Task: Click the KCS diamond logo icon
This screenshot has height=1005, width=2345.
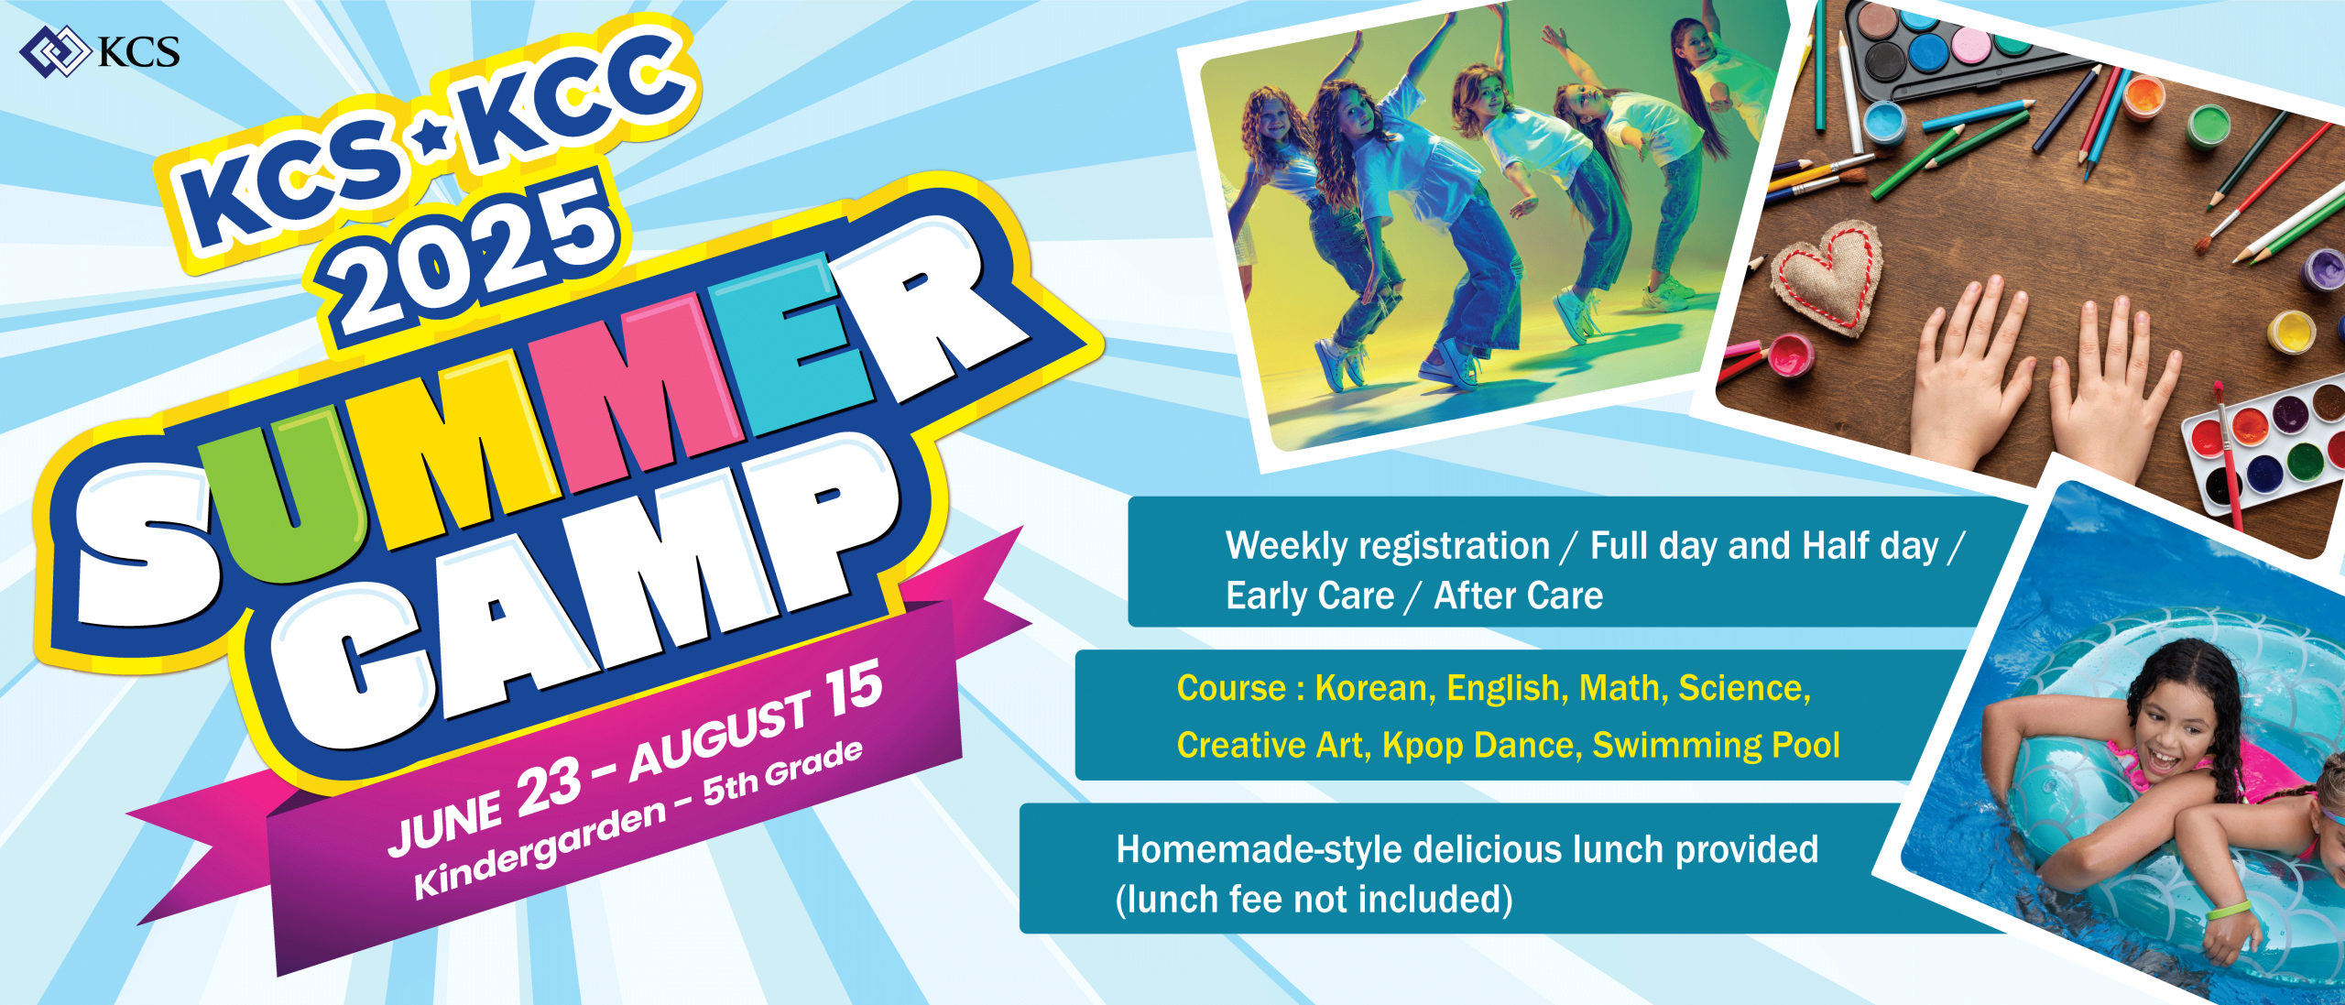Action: click(54, 51)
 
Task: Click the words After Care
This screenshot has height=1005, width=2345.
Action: click(1518, 595)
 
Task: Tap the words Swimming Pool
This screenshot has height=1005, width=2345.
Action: click(1716, 746)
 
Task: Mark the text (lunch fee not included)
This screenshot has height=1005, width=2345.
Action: click(1314, 900)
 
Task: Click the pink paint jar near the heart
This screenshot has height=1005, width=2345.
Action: click(1791, 355)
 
